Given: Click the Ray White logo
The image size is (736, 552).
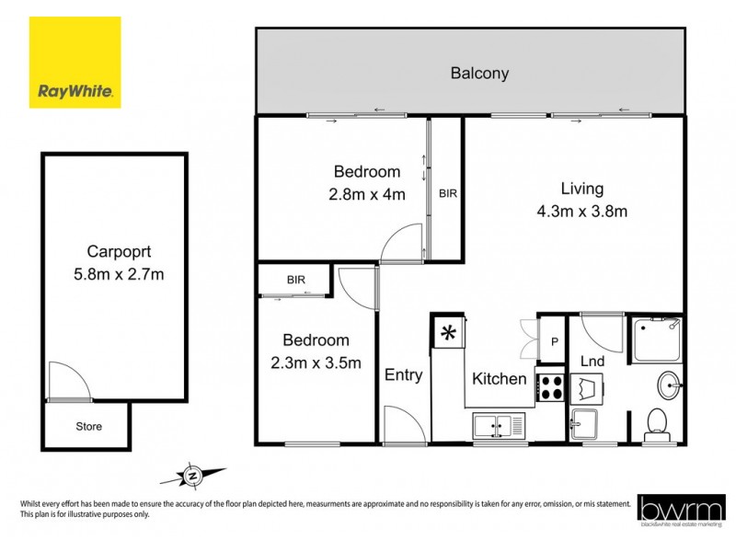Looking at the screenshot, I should [75, 63].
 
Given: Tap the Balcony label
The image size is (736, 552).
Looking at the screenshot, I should [479, 73].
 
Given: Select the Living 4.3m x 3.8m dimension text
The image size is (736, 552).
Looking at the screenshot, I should [581, 211].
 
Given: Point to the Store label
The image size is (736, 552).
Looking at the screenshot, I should [89, 427].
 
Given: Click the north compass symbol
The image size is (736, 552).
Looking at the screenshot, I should [193, 476].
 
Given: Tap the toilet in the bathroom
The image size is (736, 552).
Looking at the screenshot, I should [657, 422].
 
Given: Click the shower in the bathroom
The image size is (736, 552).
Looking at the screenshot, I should [657, 339].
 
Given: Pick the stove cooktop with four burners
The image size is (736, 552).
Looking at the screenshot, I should [551, 386].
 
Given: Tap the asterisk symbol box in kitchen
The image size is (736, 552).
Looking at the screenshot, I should [449, 333].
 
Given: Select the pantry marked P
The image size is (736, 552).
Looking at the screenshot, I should [553, 338].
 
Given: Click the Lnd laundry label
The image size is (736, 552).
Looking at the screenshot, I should [592, 362].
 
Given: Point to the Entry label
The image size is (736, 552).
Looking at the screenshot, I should [403, 374].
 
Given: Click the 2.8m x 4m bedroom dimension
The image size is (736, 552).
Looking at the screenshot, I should [368, 194].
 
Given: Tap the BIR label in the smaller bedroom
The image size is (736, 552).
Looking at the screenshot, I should [295, 280].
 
